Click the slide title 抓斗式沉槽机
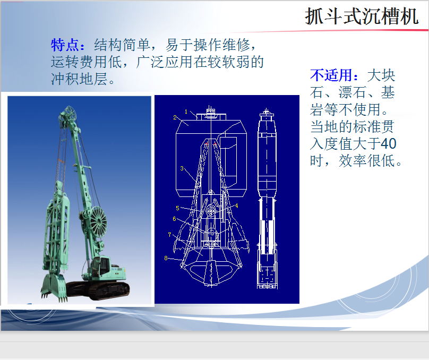coord(362,16)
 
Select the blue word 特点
coord(65,45)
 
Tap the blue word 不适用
coord(331,75)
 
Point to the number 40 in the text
coord(389,143)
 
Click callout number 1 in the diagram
coord(186,112)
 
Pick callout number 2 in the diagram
coord(175,117)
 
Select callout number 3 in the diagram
coord(182,168)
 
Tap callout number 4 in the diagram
coord(236,205)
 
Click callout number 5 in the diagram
coord(177,208)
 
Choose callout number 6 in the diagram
coord(174,219)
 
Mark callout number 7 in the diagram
coord(169,235)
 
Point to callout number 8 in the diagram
coord(166,258)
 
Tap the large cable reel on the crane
coord(98,221)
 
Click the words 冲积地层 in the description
coord(79,79)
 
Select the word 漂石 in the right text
coord(352,92)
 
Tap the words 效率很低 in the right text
coord(367,160)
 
